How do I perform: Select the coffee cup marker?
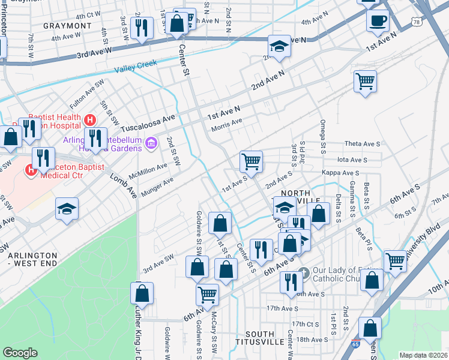click(x=378, y=21)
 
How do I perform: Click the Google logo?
click(x=20, y=353)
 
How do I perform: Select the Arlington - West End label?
click(x=32, y=260)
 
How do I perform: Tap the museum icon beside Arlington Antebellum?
click(x=151, y=142)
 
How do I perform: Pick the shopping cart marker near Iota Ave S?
click(x=251, y=160)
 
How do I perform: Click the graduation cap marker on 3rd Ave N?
click(x=279, y=47)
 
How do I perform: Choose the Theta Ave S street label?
click(x=363, y=144)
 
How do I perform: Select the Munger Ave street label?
click(x=157, y=187)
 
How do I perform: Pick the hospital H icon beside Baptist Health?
click(x=91, y=120)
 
